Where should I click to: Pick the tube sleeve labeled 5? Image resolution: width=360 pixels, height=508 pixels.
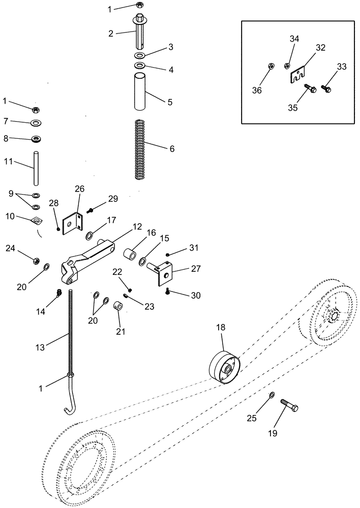140,92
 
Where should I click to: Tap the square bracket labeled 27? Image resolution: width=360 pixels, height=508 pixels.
164,271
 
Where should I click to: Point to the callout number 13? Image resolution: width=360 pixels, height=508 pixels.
40,347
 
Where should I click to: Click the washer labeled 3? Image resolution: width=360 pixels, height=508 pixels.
140,55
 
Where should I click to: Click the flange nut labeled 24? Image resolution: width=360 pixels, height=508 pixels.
37,261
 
